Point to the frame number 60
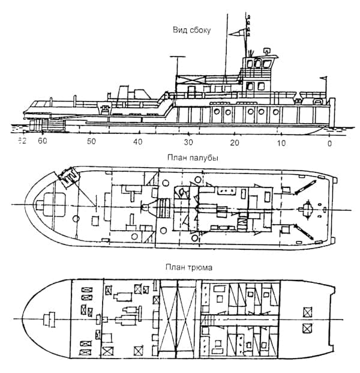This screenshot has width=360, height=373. [x=42, y=142]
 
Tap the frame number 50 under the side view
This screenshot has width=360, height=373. [x=91, y=142]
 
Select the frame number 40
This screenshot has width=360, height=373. [x=138, y=142]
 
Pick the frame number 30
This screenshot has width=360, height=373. [x=188, y=142]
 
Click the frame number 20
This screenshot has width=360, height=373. [x=235, y=142]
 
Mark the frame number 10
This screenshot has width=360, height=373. [x=281, y=142]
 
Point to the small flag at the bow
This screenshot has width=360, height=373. [x=324, y=78]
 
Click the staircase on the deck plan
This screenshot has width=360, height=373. [x=163, y=208]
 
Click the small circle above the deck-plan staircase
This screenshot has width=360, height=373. [x=164, y=183]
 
